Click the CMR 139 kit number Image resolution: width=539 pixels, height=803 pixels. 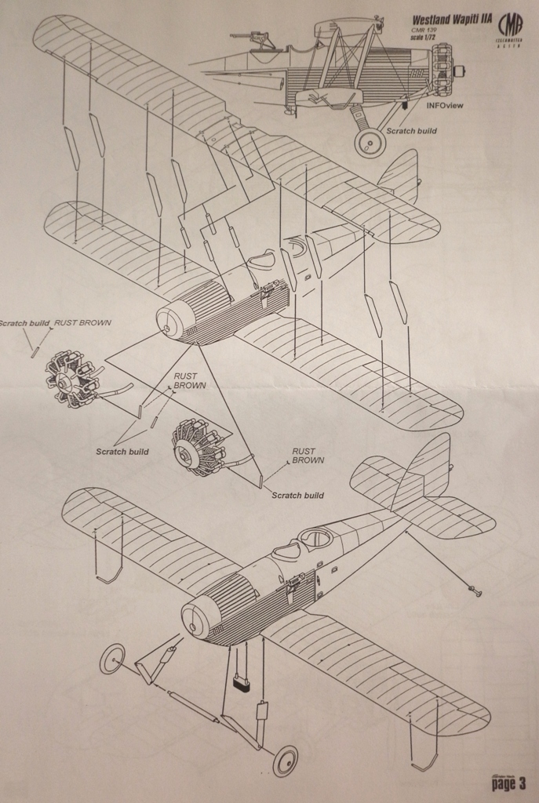pyautogui.click(x=424, y=30)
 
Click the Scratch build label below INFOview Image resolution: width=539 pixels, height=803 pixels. pyautogui.click(x=412, y=131)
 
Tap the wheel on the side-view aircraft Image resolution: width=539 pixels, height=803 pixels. pyautogui.click(x=370, y=144)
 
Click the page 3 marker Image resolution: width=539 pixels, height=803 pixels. pyautogui.click(x=508, y=782)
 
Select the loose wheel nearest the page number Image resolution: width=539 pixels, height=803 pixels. pyautogui.click(x=285, y=760)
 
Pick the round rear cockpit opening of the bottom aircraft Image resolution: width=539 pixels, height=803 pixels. pyautogui.click(x=316, y=538)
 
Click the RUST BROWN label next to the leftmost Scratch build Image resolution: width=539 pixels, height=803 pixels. pyautogui.click(x=82, y=322)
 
